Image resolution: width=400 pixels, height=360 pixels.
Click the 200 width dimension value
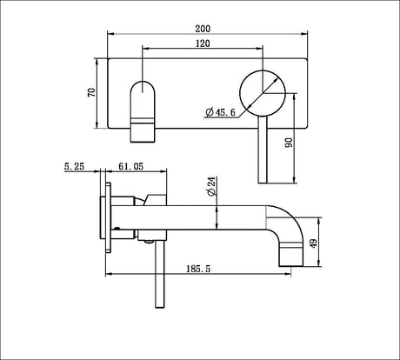pyautogui.click(x=203, y=29)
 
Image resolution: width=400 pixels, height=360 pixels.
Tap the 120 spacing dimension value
pyautogui.click(x=203, y=43)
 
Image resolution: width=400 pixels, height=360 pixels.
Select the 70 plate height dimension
pyautogui.click(x=91, y=92)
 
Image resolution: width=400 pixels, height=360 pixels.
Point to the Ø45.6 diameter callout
pyautogui.click(x=220, y=112)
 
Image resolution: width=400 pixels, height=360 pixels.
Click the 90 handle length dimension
pyautogui.click(x=289, y=143)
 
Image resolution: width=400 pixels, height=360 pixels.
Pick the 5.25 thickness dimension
pyautogui.click(x=74, y=166)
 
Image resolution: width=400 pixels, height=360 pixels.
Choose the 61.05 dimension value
pyautogui.click(x=130, y=166)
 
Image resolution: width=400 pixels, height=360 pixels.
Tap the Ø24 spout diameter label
pyautogui.click(x=211, y=186)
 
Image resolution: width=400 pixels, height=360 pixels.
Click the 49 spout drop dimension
pyautogui.click(x=314, y=243)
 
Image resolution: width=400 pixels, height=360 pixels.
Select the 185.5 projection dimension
pyautogui.click(x=198, y=269)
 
